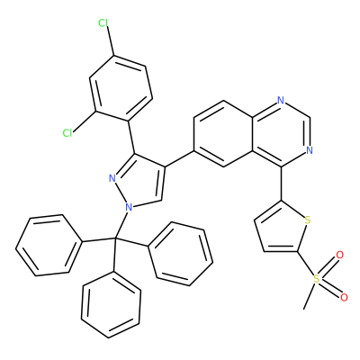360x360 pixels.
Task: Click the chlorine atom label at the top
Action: (x=103, y=22)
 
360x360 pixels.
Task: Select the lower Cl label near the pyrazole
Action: (x=67, y=132)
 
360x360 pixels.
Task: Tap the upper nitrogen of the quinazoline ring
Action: (x=281, y=100)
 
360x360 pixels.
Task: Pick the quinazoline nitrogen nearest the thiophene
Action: (x=310, y=150)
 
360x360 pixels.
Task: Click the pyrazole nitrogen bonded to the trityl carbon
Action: (x=129, y=207)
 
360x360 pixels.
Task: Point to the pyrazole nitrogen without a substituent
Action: (x=112, y=178)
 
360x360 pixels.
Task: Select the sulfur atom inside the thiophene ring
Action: (x=307, y=220)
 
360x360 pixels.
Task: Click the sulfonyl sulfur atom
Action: (x=317, y=279)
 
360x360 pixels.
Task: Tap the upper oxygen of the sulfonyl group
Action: (x=339, y=256)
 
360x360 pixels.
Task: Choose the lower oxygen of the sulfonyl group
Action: (x=344, y=297)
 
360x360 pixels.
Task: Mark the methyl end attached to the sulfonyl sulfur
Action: (x=304, y=309)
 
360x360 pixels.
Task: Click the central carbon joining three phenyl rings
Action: (x=115, y=238)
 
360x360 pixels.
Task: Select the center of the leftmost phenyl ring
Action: (x=49, y=245)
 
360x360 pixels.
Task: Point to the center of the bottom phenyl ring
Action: (x=111, y=304)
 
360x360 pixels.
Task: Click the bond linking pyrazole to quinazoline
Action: (x=179, y=158)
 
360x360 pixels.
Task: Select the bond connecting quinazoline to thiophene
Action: (x=282, y=184)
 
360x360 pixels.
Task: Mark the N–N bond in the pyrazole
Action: (x=121, y=193)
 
